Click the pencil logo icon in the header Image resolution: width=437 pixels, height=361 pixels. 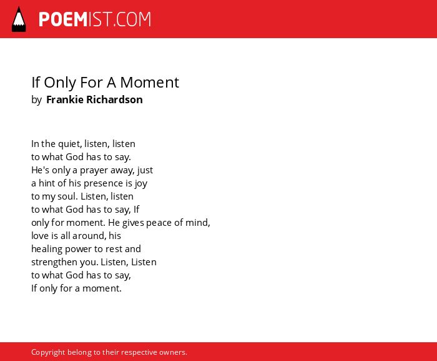click(19, 19)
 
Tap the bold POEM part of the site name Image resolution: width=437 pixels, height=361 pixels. click(63, 19)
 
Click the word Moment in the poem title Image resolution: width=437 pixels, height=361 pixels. click(150, 83)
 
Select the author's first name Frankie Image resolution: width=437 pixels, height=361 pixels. click(65, 99)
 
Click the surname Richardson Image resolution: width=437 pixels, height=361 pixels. click(114, 99)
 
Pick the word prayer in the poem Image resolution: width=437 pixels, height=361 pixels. click(94, 170)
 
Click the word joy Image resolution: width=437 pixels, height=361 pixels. click(140, 183)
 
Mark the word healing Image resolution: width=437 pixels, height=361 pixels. click(47, 249)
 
